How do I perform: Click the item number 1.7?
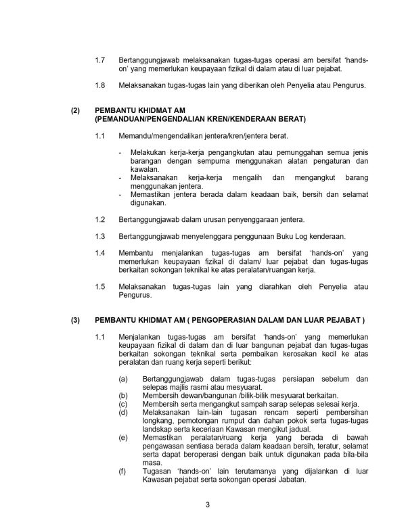[100, 60]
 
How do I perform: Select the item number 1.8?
[100, 85]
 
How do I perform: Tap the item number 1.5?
[100, 286]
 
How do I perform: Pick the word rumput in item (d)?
[240, 420]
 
